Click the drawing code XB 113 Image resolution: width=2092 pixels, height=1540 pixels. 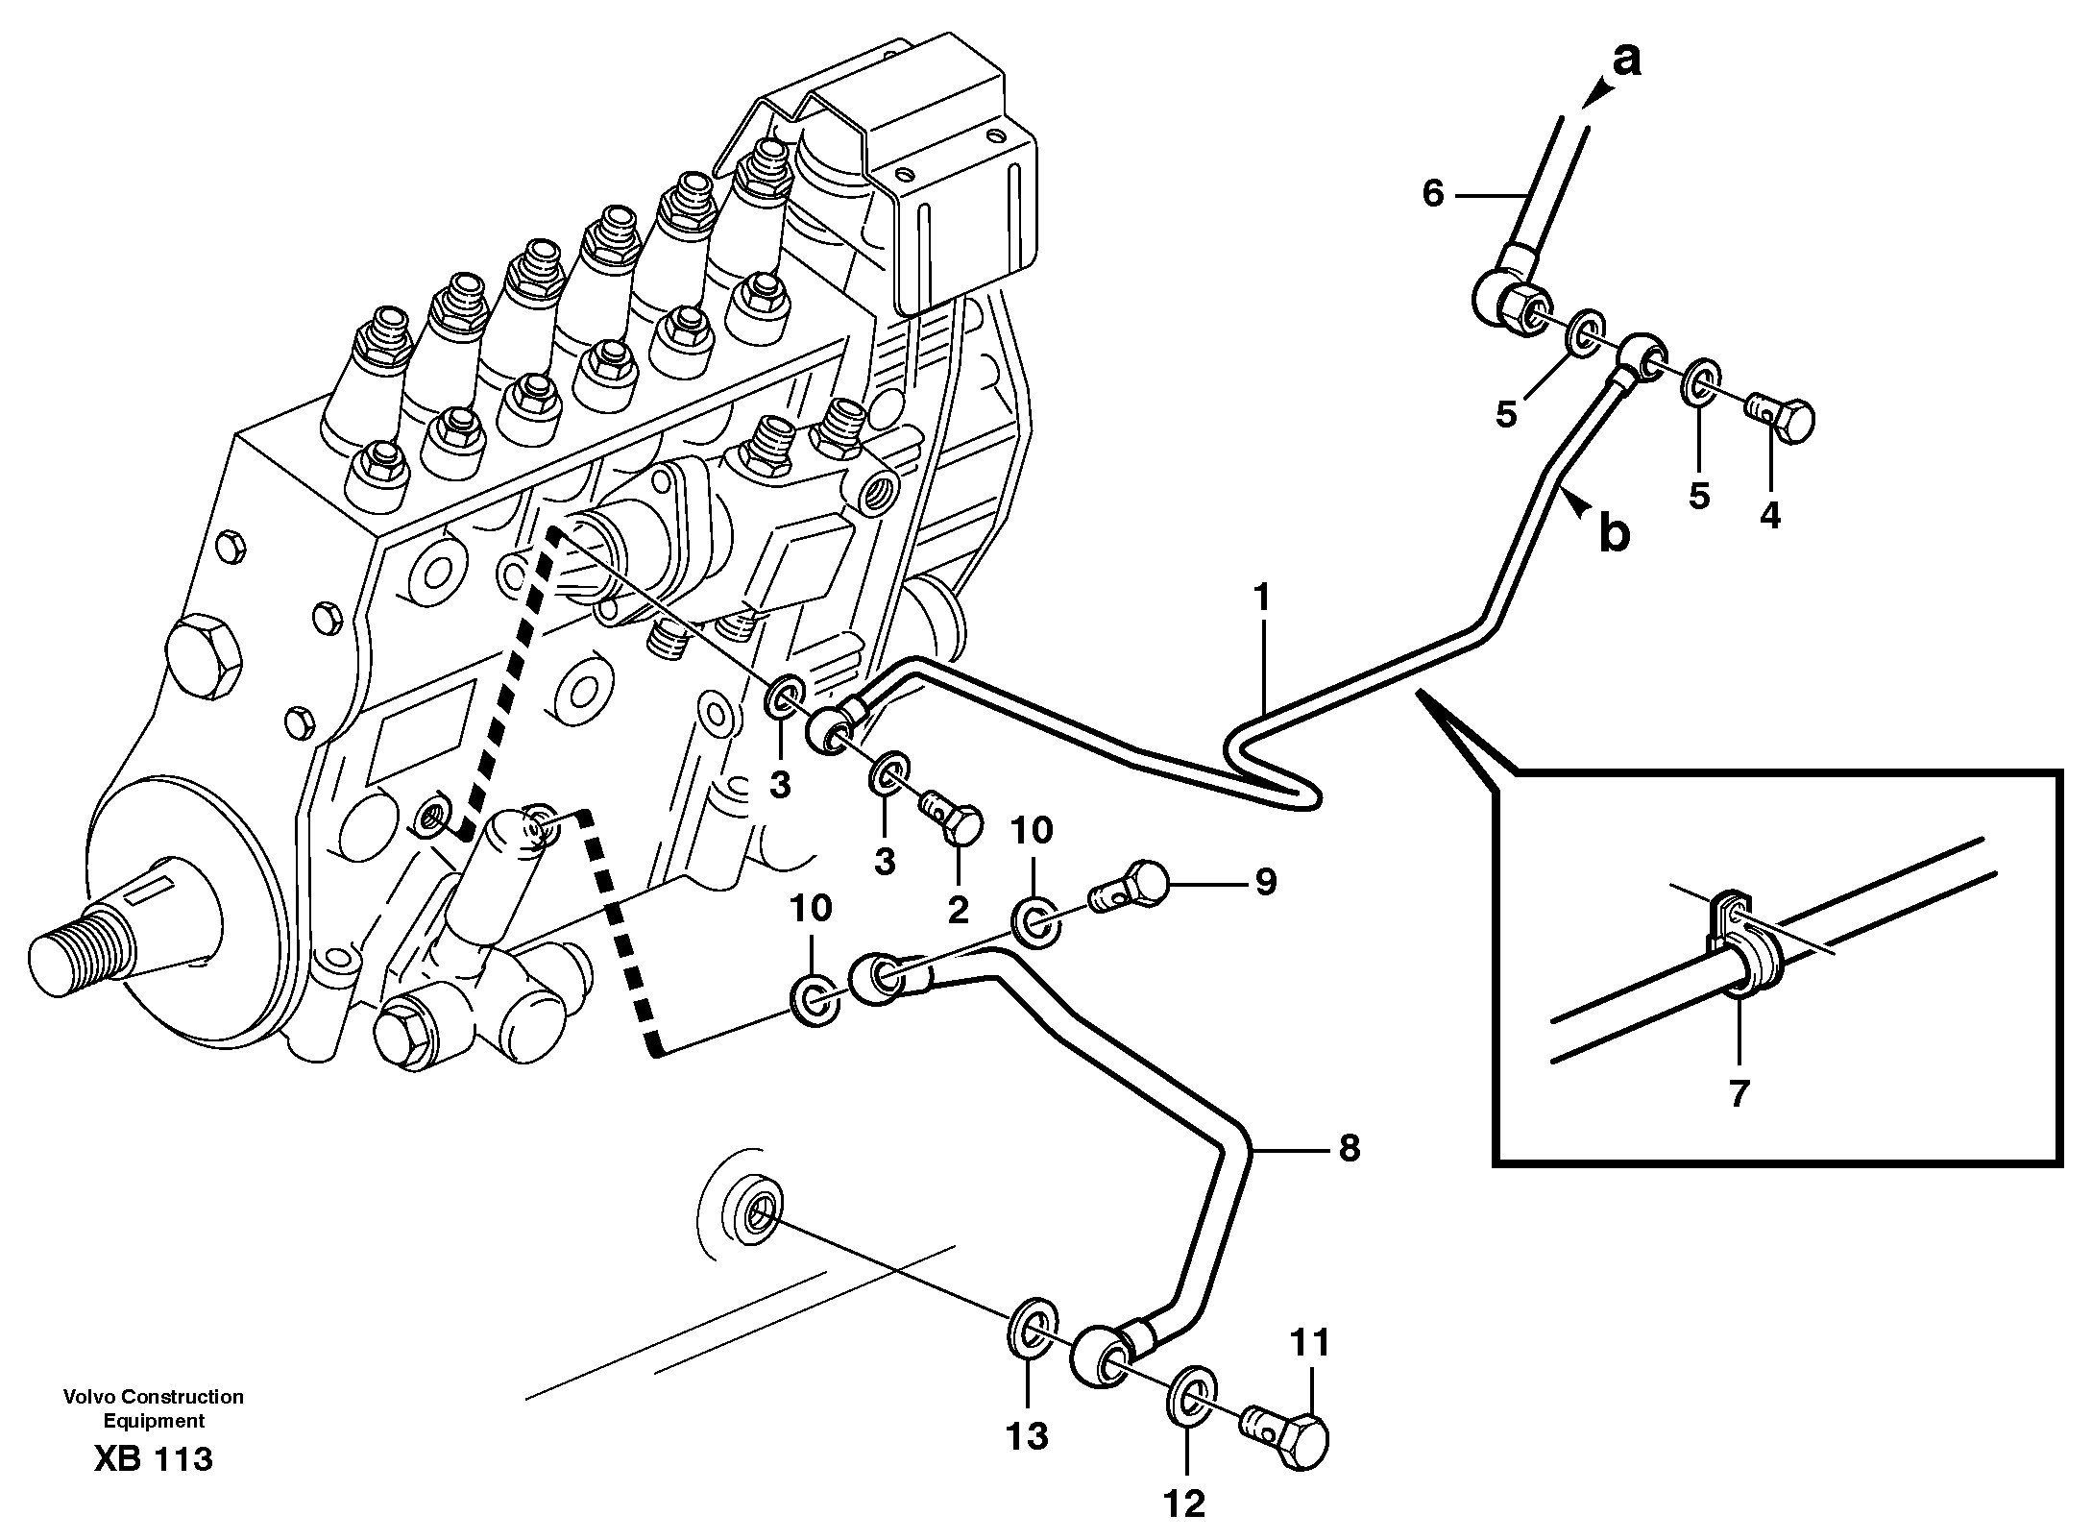154,1459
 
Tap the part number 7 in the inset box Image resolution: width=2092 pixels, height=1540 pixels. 1739,1094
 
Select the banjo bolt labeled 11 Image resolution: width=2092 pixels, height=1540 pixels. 1288,1442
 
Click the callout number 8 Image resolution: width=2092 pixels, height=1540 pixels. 1350,1148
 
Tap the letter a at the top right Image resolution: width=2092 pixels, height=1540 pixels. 1625,61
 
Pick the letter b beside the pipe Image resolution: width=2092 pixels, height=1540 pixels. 1614,533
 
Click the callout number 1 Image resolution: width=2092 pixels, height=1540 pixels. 1261,599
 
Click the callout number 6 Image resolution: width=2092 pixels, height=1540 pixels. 1432,194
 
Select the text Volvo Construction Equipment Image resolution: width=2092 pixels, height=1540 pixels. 154,1408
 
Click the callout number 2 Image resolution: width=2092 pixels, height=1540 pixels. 958,910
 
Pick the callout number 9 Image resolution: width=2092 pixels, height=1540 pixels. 1265,881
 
